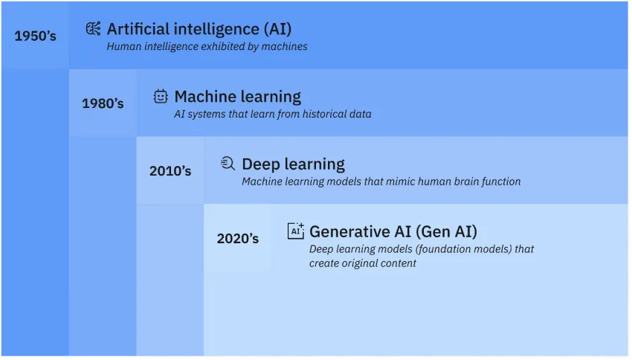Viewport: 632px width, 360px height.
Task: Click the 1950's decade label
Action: point(35,35)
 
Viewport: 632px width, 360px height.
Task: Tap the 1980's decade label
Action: point(103,103)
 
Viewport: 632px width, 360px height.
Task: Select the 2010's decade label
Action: point(170,170)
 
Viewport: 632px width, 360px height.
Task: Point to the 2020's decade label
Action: point(238,239)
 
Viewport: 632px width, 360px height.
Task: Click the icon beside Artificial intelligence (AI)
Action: point(93,29)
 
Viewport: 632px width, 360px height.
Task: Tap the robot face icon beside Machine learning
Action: point(161,96)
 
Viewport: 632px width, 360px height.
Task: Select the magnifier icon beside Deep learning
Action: point(228,164)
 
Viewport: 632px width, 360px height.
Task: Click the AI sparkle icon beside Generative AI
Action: point(296,231)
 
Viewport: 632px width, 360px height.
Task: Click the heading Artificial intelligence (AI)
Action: point(199,29)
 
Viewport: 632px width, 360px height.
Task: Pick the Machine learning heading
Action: point(238,97)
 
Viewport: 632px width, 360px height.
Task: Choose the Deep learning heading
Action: point(293,164)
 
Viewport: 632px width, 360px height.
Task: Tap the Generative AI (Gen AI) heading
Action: point(393,231)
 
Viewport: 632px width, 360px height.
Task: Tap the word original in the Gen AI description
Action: point(360,263)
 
